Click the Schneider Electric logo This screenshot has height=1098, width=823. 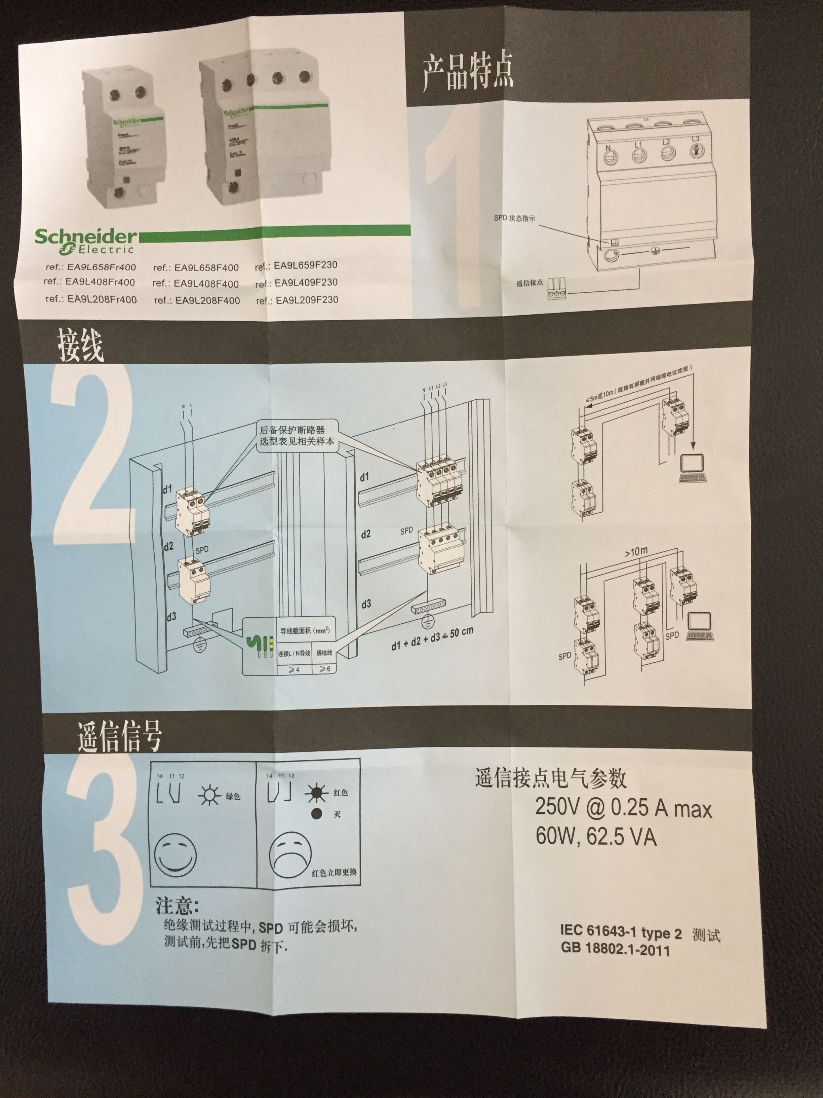(85, 241)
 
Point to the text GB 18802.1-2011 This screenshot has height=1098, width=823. (615, 950)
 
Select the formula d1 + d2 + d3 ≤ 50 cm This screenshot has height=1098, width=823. (432, 638)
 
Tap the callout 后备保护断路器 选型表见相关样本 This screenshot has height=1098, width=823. (296, 435)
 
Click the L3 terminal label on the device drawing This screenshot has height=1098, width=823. (696, 139)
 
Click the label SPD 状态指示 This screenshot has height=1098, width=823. (514, 218)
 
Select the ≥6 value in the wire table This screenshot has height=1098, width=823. (325, 669)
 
